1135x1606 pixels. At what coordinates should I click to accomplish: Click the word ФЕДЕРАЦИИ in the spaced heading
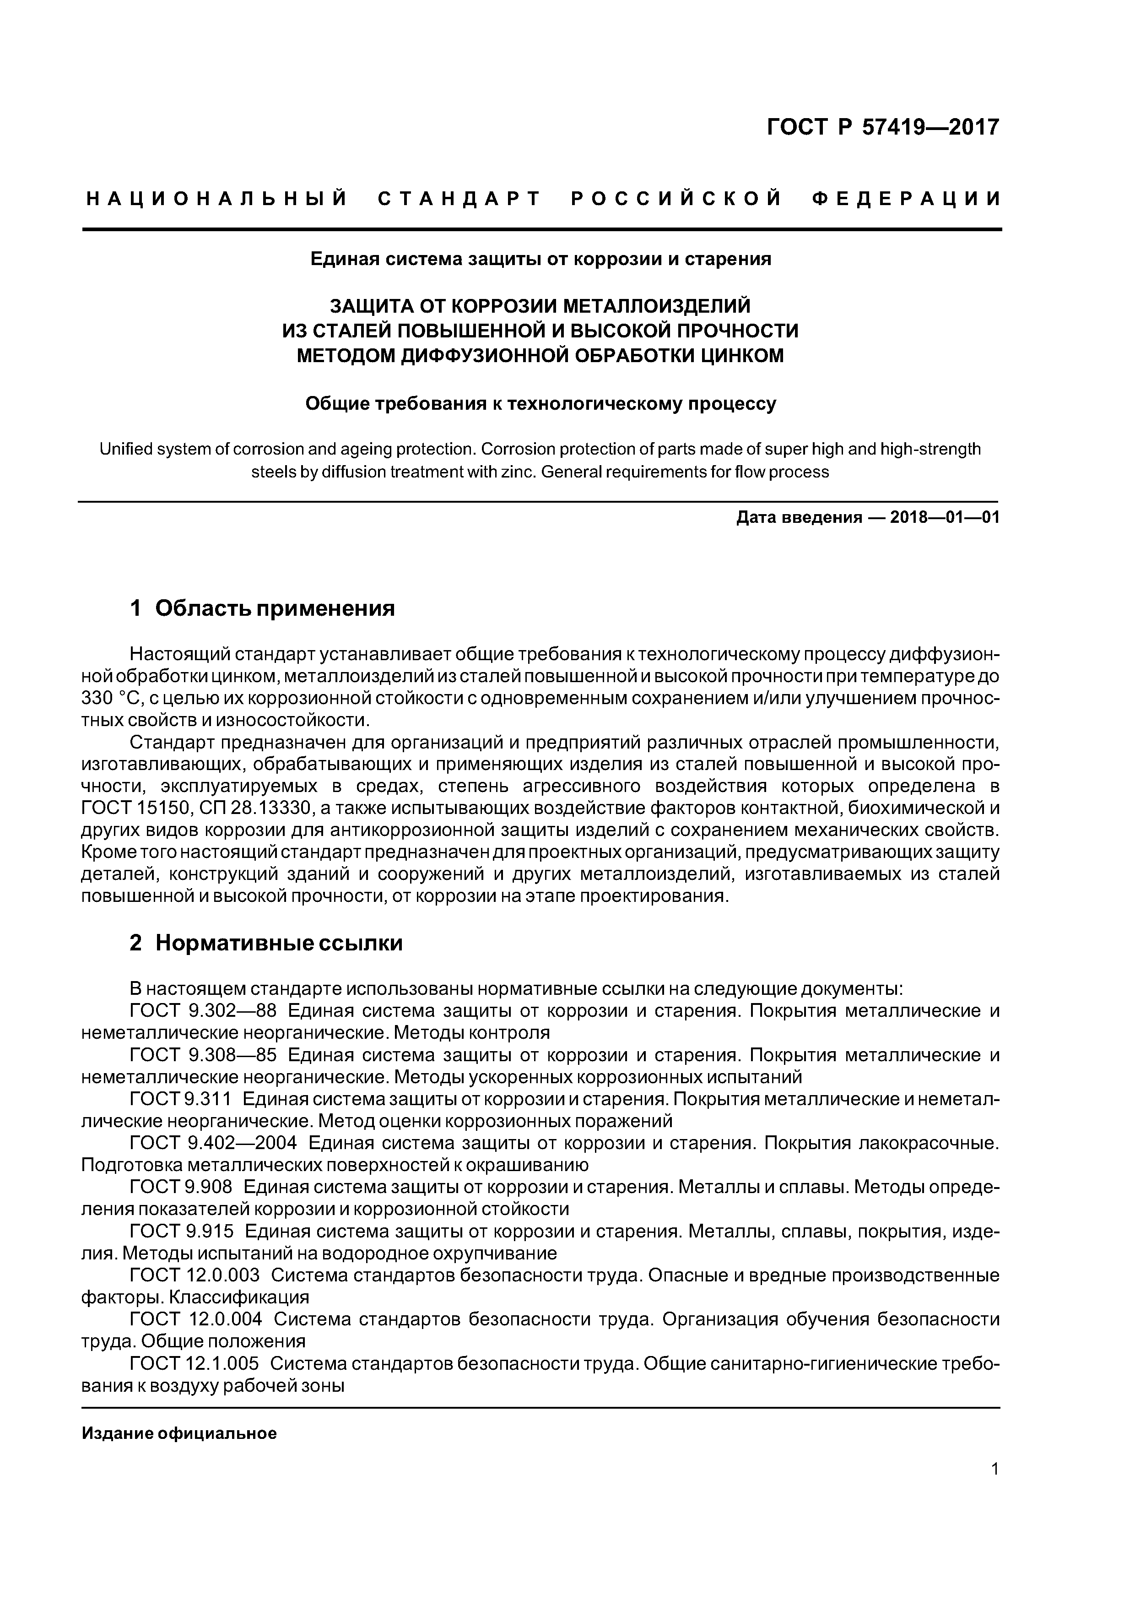(906, 199)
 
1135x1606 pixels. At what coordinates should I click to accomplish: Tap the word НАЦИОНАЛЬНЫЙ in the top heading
(217, 199)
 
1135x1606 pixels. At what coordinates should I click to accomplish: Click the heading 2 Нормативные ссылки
(266, 943)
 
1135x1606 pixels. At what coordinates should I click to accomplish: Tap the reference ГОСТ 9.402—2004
(213, 1143)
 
